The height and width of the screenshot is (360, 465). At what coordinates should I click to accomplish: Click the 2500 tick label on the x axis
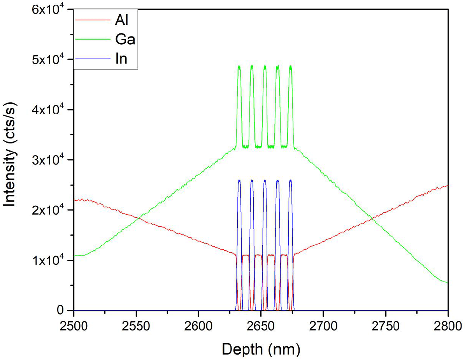[x=74, y=323]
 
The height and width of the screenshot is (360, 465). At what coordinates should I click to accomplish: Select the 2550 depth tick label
[x=136, y=323]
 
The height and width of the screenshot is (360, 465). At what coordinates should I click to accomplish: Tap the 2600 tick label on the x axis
[x=198, y=323]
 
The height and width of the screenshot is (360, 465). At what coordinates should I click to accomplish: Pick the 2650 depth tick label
[x=261, y=323]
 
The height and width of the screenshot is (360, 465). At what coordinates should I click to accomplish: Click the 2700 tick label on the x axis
[x=323, y=323]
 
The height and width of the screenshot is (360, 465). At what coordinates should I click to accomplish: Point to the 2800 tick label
[x=447, y=323]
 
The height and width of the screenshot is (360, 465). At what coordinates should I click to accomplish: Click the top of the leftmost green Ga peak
[x=239, y=66]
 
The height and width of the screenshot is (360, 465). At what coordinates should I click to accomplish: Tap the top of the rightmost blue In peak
[x=290, y=180]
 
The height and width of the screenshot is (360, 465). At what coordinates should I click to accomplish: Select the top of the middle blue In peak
[x=265, y=180]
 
